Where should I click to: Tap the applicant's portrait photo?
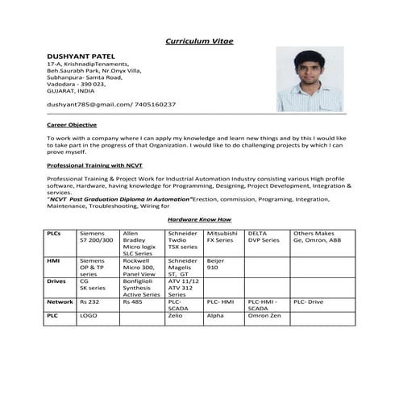[309, 79]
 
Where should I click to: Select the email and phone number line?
[111, 105]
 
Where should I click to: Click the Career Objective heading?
[72, 125]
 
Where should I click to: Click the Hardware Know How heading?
[199, 219]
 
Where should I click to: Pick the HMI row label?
[53, 261]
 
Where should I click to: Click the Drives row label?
[56, 281]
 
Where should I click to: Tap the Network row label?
[59, 301]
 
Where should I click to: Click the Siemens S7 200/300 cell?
[96, 236]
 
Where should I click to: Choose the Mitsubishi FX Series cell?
[223, 236]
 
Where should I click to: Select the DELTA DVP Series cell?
[264, 236]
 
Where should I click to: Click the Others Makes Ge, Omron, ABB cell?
[317, 236]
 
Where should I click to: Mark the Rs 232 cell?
[88, 301]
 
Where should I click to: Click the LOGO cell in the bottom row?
[88, 316]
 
